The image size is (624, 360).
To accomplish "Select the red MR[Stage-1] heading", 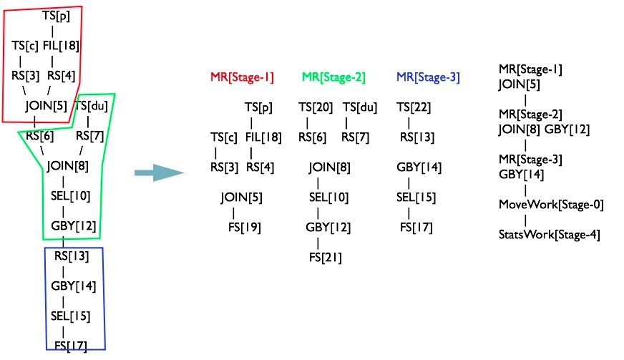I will click(242, 77).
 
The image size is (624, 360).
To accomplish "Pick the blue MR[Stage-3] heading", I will click(428, 77).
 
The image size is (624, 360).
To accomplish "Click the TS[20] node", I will click(316, 107).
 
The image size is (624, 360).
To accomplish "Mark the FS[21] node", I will click(326, 257).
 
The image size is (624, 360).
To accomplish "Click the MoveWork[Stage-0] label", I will click(551, 205).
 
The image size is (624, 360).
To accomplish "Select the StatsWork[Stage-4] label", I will click(549, 234).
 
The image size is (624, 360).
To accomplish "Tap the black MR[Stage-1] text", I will click(530, 69).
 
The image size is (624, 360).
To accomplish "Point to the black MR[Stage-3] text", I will click(530, 159).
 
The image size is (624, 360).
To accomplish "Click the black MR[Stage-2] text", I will click(530, 115).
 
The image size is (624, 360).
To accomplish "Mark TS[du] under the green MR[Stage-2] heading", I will click(360, 107).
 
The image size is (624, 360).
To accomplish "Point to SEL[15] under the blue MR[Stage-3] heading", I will click(416, 198).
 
